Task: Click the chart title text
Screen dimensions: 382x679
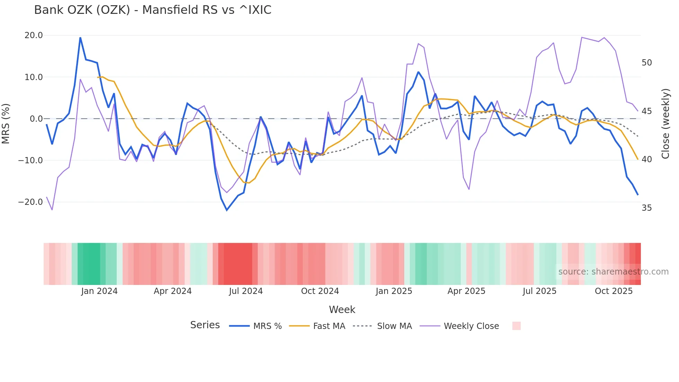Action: click(x=152, y=10)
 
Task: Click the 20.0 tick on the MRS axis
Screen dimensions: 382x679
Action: click(x=34, y=35)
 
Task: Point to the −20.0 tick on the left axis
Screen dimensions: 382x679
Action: click(x=30, y=202)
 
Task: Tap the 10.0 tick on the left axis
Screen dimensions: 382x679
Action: click(x=34, y=77)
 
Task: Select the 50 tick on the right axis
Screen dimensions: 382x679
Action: click(x=646, y=63)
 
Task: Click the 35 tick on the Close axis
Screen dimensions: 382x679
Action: click(x=646, y=208)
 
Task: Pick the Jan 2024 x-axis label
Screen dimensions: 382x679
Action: click(x=99, y=291)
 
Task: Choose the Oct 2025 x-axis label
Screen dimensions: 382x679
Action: click(x=614, y=291)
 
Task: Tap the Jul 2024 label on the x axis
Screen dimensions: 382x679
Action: click(x=246, y=291)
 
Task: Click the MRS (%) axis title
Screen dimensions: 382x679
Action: click(x=6, y=123)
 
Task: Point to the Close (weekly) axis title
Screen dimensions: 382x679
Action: click(x=665, y=124)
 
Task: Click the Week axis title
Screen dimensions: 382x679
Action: click(x=342, y=310)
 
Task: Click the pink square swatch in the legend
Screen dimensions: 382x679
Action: click(x=516, y=326)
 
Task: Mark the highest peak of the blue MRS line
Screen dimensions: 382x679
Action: click(x=80, y=38)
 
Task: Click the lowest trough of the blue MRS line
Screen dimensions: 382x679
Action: click(x=227, y=210)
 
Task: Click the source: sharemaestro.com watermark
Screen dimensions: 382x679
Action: click(x=613, y=272)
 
